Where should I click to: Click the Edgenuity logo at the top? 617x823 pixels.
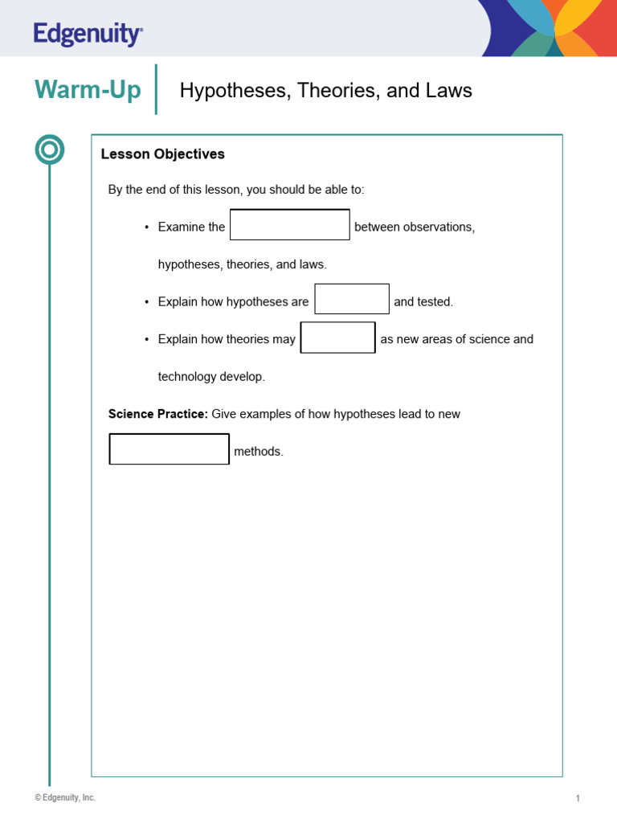(88, 34)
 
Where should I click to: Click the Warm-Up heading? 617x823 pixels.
(88, 90)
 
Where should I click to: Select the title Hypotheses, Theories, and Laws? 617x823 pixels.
(325, 91)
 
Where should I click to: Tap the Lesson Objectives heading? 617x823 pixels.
(162, 154)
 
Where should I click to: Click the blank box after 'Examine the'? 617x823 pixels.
(290, 225)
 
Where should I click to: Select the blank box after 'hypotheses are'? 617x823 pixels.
(352, 299)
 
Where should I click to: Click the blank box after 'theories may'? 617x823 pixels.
(338, 338)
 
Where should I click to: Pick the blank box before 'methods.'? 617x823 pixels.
(170, 449)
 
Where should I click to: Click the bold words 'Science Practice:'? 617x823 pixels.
(158, 414)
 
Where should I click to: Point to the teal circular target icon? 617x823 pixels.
(50, 150)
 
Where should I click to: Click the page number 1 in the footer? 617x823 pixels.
(578, 798)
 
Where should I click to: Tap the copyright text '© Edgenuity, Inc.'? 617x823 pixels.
(65, 797)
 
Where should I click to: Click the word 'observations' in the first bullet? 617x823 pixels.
(439, 227)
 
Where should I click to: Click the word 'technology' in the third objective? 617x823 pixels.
(187, 377)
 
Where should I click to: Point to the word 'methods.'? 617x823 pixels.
(259, 452)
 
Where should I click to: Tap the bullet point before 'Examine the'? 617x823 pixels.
(147, 227)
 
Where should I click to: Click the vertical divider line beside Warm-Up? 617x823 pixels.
(155, 89)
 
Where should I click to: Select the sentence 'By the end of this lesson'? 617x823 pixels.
(236, 190)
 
